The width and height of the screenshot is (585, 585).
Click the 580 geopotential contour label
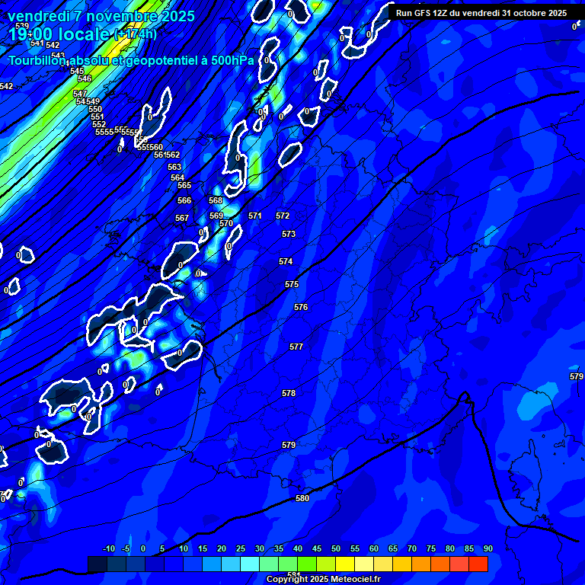click(302, 498)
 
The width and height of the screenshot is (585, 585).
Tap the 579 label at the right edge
click(577, 377)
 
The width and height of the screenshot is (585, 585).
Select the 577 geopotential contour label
click(296, 347)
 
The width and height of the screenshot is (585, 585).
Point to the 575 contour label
click(292, 284)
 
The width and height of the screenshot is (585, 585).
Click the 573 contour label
click(288, 234)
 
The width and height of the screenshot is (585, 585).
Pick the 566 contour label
click(184, 200)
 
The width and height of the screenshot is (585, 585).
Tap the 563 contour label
click(174, 167)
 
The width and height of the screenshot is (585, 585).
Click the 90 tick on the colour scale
click(487, 548)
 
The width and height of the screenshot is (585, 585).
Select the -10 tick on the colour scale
click(108, 548)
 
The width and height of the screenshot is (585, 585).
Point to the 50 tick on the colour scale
click(336, 548)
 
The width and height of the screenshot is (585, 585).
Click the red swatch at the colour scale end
click(478, 564)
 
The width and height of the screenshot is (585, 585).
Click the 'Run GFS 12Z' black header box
click(481, 13)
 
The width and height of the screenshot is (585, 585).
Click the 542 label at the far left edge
click(6, 86)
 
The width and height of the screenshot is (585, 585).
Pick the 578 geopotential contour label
click(288, 393)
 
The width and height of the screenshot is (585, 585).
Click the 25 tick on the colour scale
click(241, 548)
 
